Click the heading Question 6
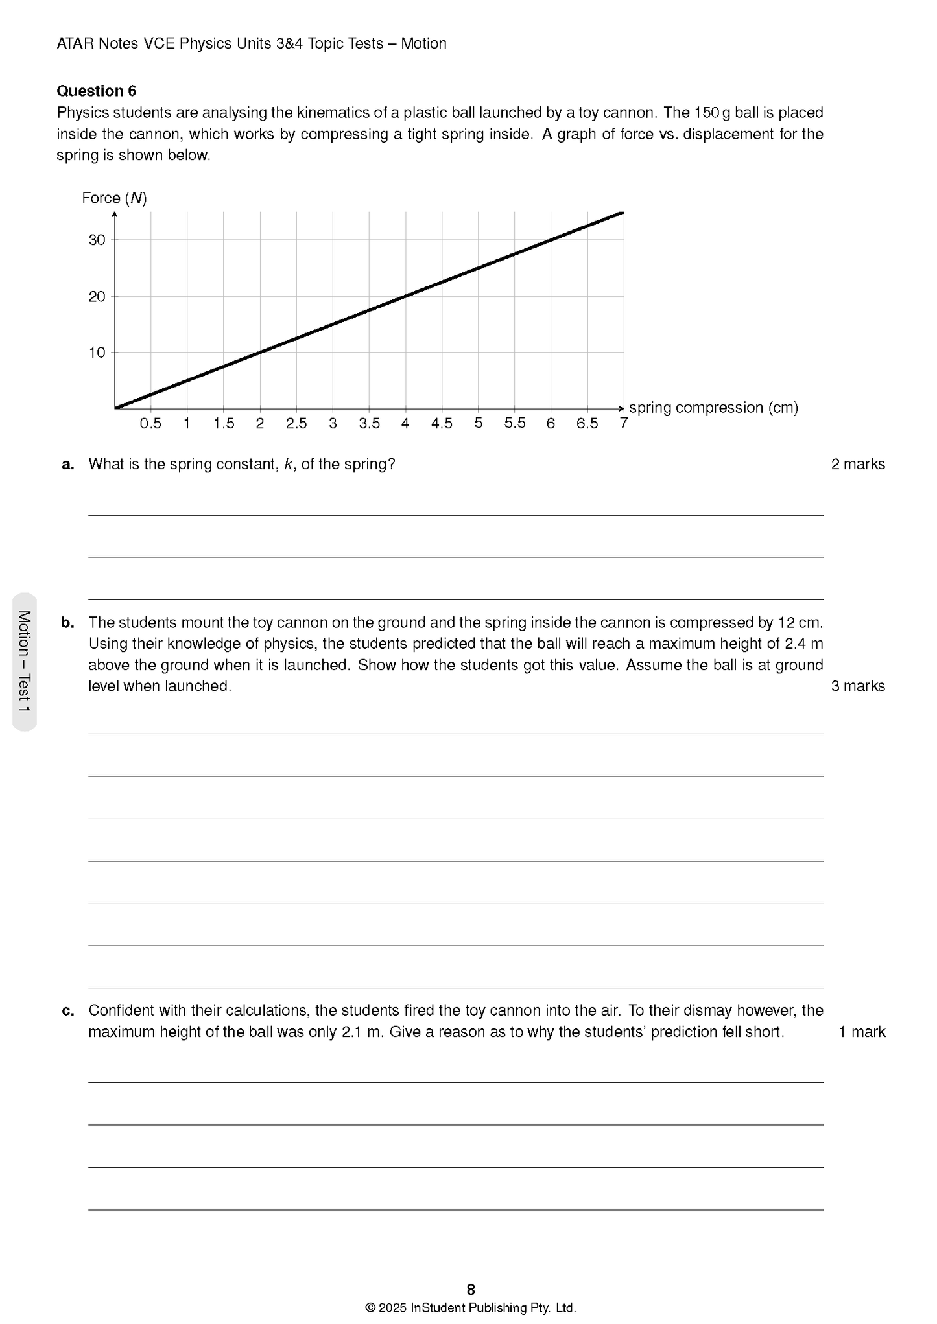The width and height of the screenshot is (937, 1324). point(96,91)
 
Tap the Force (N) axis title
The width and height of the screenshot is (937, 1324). point(114,198)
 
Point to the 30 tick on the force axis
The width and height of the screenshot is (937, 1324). point(97,240)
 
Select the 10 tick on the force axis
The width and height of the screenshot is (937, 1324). point(97,353)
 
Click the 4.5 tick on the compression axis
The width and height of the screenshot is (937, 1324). point(442,423)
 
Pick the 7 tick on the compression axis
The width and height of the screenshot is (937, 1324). point(623,423)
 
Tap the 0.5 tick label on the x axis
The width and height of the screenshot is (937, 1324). point(150,423)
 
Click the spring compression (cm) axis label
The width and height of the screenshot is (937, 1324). point(713,408)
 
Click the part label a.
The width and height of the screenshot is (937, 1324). point(67,464)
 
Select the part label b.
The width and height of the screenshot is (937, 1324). point(67,623)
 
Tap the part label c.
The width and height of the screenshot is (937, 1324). point(67,1010)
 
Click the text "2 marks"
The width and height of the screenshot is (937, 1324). point(857,464)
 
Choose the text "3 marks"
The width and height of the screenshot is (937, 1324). point(857,686)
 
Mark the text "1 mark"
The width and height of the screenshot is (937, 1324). point(861,1032)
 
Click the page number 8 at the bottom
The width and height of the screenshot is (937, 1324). point(471,1289)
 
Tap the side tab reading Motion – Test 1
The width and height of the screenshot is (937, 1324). point(25,662)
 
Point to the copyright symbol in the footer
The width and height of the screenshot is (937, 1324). point(370,1308)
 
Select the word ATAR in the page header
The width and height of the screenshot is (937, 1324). point(75,43)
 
